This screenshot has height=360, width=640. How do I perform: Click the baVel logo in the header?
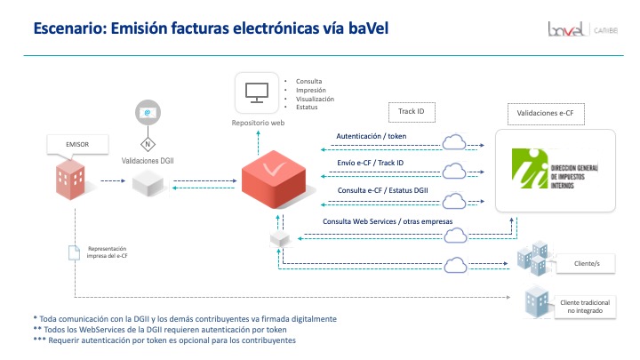[565, 30]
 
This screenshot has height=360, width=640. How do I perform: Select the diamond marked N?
[147, 142]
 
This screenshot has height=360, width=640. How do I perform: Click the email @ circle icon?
[147, 113]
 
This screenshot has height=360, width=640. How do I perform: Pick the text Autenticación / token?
[372, 136]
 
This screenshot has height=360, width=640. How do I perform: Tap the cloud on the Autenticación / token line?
[454, 141]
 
